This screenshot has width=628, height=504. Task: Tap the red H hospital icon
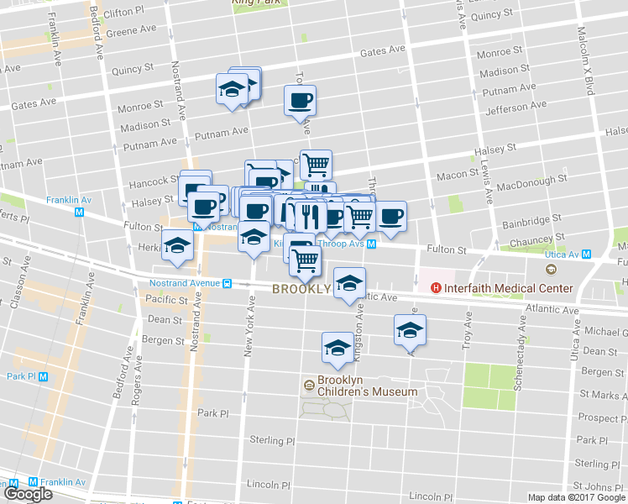coord(436,289)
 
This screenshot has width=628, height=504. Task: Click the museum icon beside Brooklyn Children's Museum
coord(309,386)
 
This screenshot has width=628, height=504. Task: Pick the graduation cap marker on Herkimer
coord(177,244)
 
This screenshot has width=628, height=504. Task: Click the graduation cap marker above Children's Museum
coord(338,348)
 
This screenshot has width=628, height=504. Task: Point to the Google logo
coord(27,494)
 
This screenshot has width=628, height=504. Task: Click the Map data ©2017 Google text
coord(575,497)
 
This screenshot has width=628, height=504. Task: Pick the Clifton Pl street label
coord(128,13)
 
